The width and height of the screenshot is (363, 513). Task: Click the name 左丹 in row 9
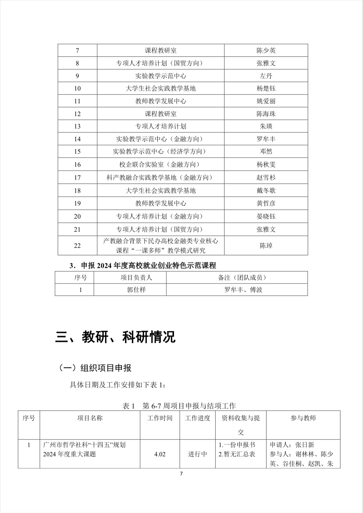[x=266, y=76]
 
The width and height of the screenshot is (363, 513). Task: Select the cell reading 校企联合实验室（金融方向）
[x=160, y=164]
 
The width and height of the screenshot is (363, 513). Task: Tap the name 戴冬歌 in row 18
[x=266, y=190]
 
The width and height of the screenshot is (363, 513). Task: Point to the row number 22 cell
[x=77, y=245]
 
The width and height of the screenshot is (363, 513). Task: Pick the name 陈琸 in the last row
[x=266, y=245]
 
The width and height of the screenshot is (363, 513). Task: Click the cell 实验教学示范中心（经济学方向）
[x=160, y=152]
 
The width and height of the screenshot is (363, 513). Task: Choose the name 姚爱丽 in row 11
[x=266, y=101]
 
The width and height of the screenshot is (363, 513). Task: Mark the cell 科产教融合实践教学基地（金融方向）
[x=160, y=177]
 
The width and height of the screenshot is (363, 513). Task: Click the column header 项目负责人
[x=136, y=277]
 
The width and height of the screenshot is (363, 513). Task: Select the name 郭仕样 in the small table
[x=136, y=290]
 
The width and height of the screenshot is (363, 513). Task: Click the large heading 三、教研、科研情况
[x=115, y=337]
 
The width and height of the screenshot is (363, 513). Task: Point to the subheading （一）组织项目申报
[x=95, y=368]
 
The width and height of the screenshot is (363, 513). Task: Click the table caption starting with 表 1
[x=179, y=405]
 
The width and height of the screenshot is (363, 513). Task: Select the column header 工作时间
[x=160, y=418]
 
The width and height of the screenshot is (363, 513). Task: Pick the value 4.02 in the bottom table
[x=160, y=454]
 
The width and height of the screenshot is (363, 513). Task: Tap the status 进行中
[x=198, y=454]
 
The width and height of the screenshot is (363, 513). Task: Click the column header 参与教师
[x=303, y=418]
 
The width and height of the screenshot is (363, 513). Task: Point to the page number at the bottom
[x=181, y=474]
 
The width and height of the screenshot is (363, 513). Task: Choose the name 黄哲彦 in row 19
[x=266, y=203]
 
